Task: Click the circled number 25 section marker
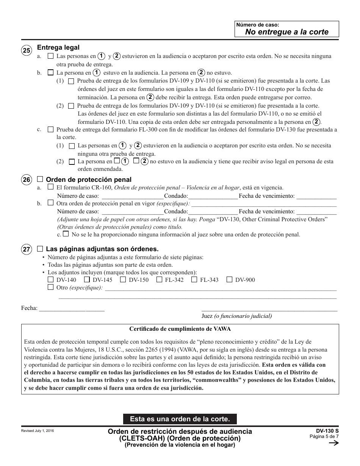click(x=26, y=51)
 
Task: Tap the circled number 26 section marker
click(x=26, y=180)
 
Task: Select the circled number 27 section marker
click(x=26, y=250)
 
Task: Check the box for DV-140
click(x=51, y=280)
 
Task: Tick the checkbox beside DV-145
click(x=87, y=280)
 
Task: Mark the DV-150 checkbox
click(x=123, y=280)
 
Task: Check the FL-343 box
click(x=194, y=280)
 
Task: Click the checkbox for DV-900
click(x=229, y=280)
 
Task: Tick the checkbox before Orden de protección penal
click(x=40, y=179)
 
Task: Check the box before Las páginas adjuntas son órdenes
click(x=40, y=249)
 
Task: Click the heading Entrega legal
click(x=58, y=47)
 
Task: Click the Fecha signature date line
click(x=72, y=308)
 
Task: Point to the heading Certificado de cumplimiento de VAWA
click(x=180, y=329)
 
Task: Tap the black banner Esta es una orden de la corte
click(x=180, y=419)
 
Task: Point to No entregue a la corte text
click(x=286, y=32)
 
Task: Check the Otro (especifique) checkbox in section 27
click(x=51, y=287)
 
